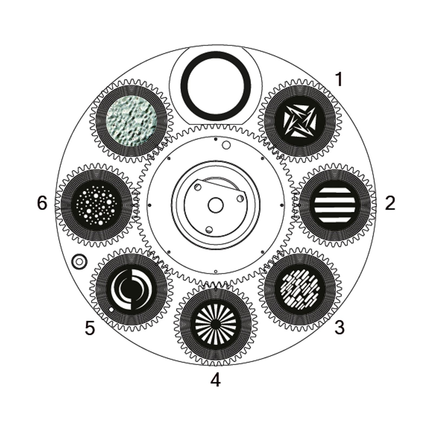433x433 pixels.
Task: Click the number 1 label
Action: click(x=339, y=80)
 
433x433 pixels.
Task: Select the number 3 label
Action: click(x=340, y=327)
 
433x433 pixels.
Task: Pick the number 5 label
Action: click(x=90, y=328)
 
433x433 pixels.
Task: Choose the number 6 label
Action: click(x=42, y=203)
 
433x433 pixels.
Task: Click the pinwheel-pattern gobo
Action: click(x=300, y=121)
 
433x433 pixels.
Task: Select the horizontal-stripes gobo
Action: click(x=335, y=205)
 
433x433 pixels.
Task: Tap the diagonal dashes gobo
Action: click(x=300, y=289)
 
